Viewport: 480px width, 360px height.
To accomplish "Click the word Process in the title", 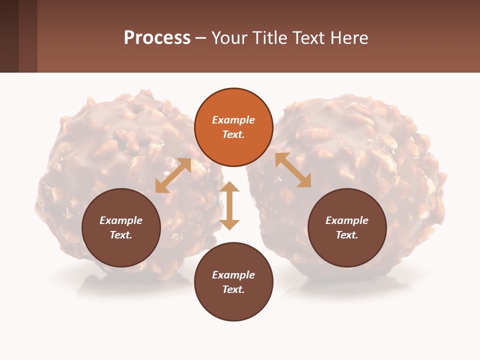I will pos(157,38).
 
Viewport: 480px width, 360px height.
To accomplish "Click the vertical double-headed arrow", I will pos(229,205).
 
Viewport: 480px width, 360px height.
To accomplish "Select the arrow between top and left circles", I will pos(173,175).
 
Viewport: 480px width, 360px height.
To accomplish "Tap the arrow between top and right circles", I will pos(293,170).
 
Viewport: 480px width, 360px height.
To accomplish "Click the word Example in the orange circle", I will pos(233,120).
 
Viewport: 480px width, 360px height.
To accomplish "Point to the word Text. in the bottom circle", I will pos(233,289).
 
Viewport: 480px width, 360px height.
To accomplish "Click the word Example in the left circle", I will pos(121,220).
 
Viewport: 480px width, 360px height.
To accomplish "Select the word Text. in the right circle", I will pos(347,235).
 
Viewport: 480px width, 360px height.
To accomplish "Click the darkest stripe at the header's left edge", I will pos(9,36).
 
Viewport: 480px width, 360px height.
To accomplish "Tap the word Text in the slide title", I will pos(309,38).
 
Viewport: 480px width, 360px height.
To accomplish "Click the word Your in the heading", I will pos(228,38).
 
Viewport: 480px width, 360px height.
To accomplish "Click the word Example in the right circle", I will pos(347,220).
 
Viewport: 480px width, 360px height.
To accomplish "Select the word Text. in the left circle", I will pos(121,235).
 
